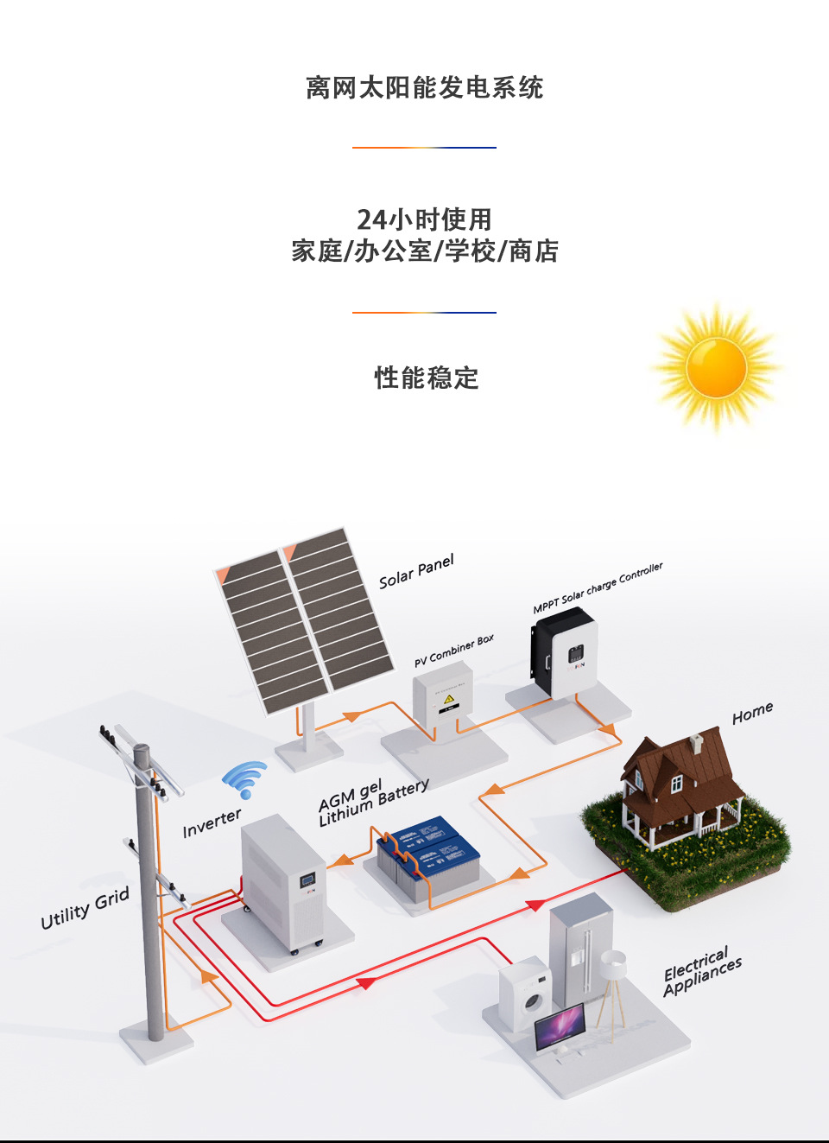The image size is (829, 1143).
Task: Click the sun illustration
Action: (716, 367)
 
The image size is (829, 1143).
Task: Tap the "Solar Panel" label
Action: (416, 572)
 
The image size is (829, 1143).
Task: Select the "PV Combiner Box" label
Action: (454, 651)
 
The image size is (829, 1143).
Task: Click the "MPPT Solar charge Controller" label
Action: (598, 587)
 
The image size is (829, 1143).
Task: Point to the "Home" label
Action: (752, 714)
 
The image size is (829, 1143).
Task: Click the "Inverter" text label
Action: (212, 823)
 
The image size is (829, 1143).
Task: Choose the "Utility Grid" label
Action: (85, 908)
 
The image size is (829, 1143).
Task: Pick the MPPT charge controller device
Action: (565, 652)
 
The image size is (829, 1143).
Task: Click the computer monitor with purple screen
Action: (560, 1026)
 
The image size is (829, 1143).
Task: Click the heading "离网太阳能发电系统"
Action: (424, 87)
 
